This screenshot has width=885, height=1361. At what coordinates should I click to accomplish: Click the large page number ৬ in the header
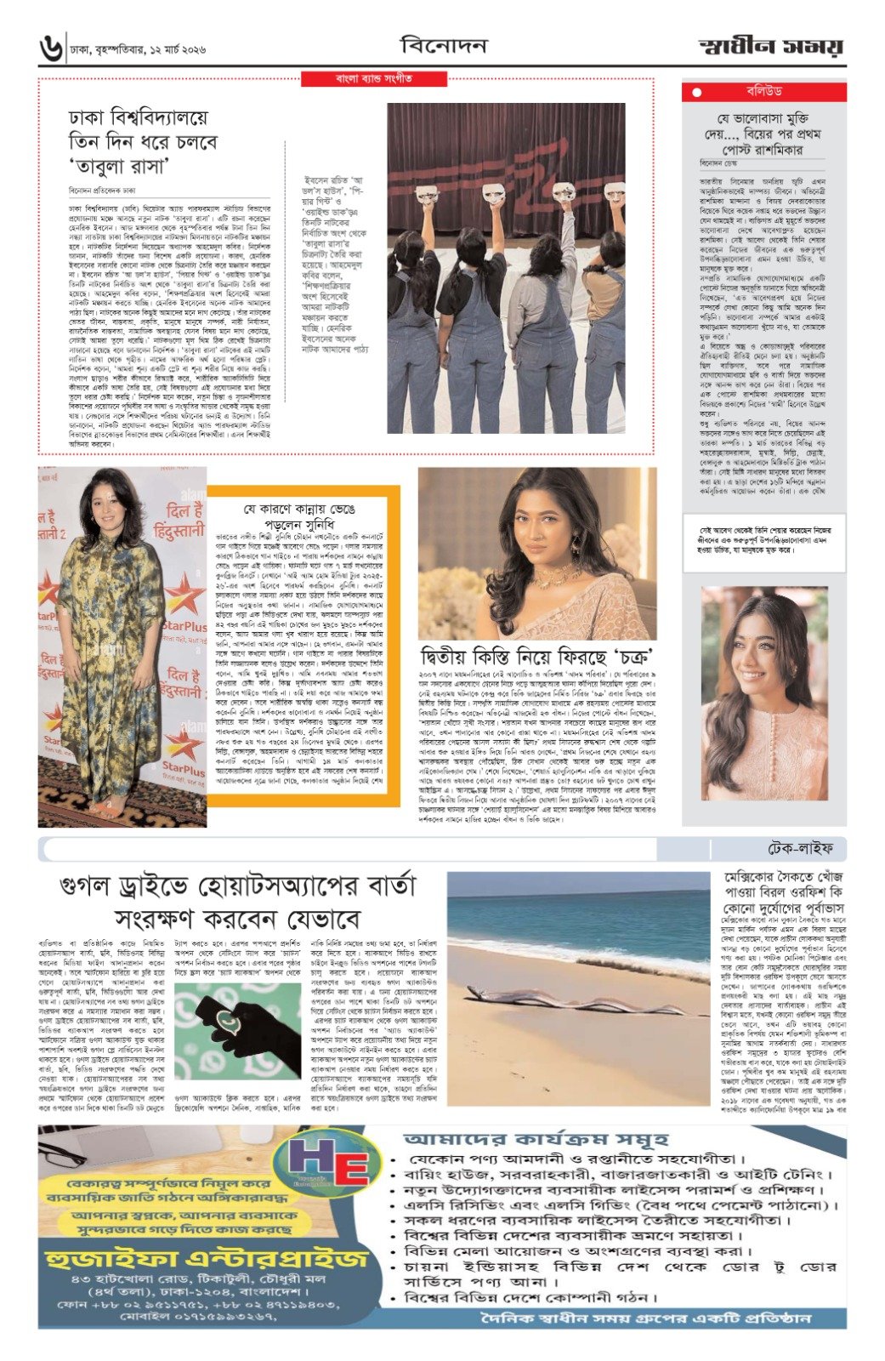tap(51, 47)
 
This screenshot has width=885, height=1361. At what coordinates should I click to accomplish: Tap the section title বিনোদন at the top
tap(443, 45)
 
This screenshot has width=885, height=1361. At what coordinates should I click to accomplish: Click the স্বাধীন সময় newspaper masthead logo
tap(771, 47)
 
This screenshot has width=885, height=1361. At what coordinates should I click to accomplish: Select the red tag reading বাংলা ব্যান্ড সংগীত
tap(374, 79)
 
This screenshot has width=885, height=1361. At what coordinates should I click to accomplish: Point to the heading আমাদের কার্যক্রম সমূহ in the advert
tap(536, 1139)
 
